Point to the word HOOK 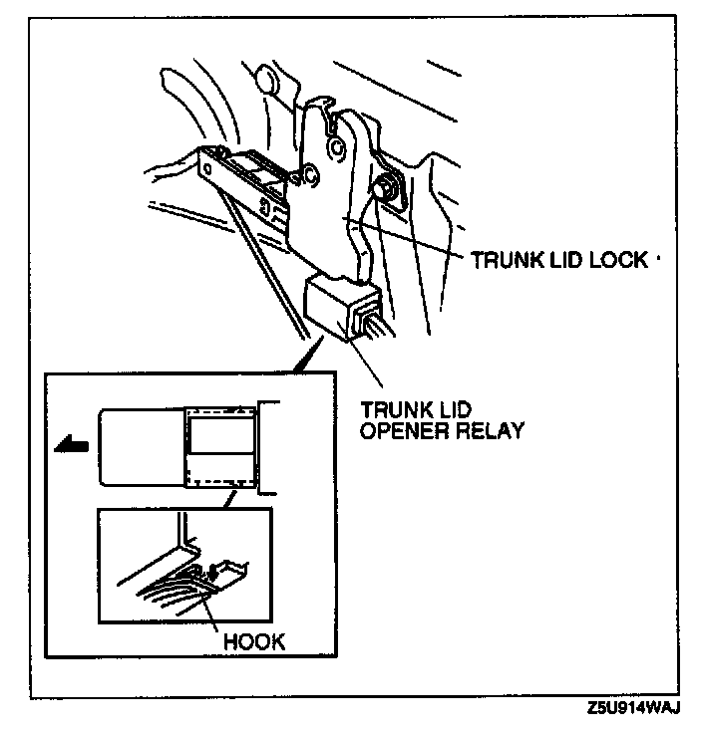pyautogui.click(x=254, y=640)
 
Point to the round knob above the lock pyautogui.click(x=267, y=80)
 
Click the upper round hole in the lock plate pyautogui.click(x=338, y=147)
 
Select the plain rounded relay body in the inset pyautogui.click(x=140, y=447)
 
